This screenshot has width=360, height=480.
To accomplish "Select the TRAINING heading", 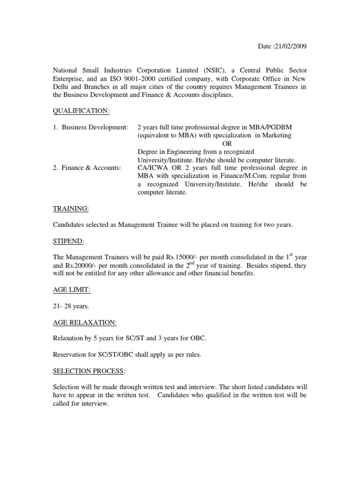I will coord(71,208).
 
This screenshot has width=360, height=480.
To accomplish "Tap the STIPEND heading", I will coord(68,241).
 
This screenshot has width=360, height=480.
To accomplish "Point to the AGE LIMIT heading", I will coord(71,290).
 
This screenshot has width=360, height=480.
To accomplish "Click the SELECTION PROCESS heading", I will coord(89,371).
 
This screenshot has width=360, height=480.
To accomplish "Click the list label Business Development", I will coord(94,127).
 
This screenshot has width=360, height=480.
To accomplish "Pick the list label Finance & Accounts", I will coord(90,168).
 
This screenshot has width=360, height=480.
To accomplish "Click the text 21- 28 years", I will coord(71,306).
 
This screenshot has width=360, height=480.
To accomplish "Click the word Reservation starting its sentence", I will coord(69,355).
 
